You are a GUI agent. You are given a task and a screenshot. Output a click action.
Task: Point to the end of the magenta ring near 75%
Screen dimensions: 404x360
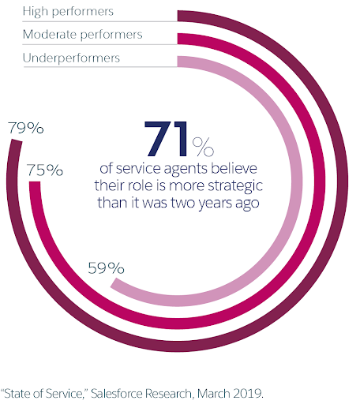click(34, 185)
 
